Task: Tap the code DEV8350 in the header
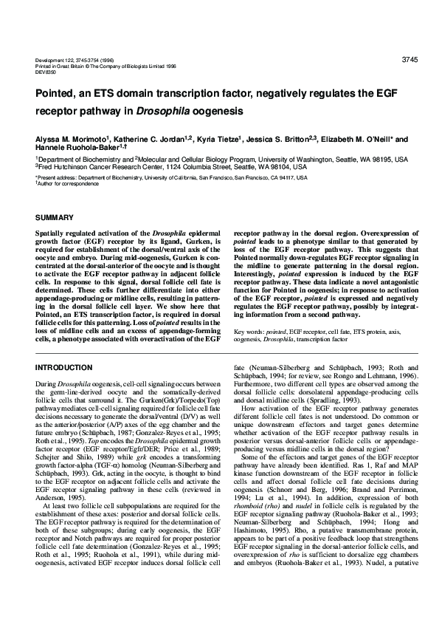click(x=46, y=71)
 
